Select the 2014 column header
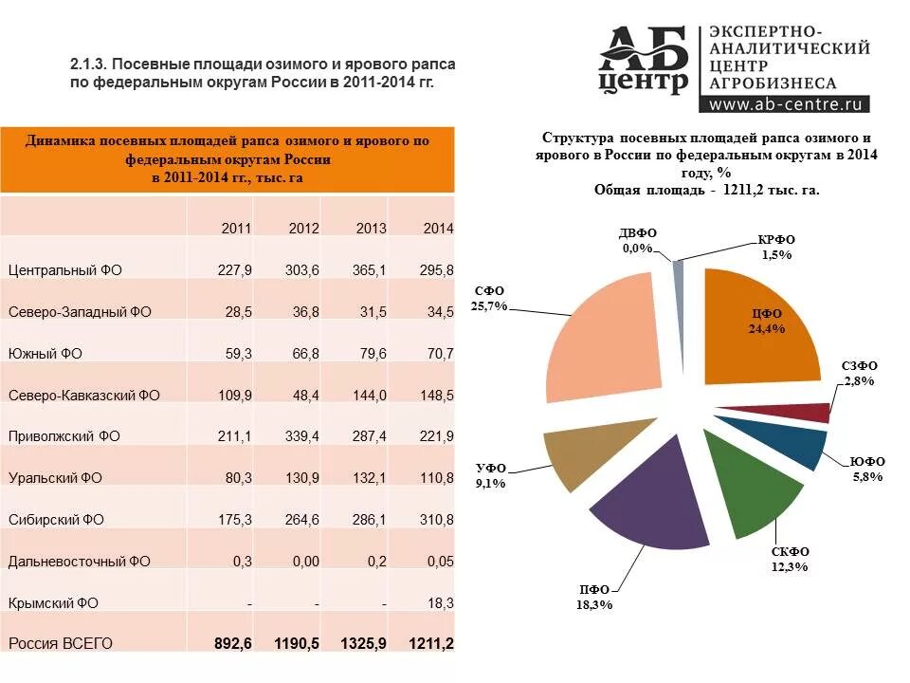[x=437, y=229]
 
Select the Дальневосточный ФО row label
[x=80, y=562]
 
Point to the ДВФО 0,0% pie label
[x=637, y=241]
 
